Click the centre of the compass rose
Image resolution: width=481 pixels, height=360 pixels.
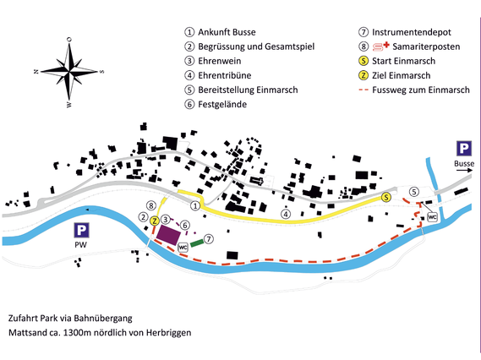tap(69, 72)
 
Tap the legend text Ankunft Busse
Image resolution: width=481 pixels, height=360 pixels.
tap(227, 32)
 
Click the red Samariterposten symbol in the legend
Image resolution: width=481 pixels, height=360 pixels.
tap(380, 46)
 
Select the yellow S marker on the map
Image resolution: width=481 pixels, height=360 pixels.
tap(386, 197)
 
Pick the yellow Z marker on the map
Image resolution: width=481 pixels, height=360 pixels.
tap(155, 221)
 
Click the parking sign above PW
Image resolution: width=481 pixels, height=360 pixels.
tap(81, 230)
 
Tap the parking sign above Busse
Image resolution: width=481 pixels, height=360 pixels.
tap(464, 149)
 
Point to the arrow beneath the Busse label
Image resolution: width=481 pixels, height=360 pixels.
tap(464, 170)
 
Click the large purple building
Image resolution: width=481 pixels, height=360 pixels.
tap(168, 235)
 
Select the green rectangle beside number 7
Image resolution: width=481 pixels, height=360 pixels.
tap(197, 243)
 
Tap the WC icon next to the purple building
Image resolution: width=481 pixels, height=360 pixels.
tap(183, 247)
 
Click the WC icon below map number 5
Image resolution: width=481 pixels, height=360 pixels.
tap(432, 217)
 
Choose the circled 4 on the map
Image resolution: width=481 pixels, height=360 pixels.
tap(286, 214)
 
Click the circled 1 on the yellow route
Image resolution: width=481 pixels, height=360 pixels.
tap(195, 205)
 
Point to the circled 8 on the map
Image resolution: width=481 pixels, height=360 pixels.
tap(151, 205)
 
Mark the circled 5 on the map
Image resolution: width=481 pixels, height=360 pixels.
tap(414, 192)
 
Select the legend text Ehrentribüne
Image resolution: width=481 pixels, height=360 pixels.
tap(225, 75)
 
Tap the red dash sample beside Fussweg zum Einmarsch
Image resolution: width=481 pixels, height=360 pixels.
tap(363, 90)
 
